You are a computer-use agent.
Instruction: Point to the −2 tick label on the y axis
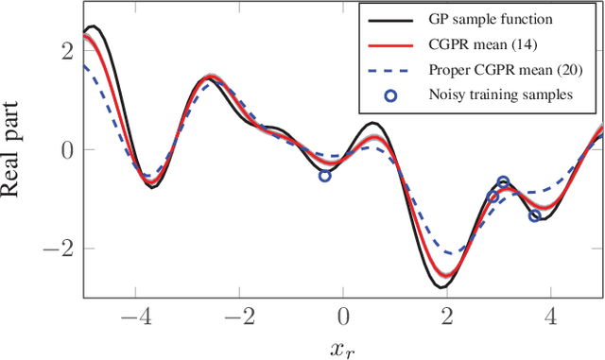[x=60, y=249]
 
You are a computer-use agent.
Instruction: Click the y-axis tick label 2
[x=66, y=51]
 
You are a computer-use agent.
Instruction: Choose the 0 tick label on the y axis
[x=66, y=149]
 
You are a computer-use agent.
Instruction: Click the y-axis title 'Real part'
[x=16, y=149]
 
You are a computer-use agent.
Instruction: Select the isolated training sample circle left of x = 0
[x=324, y=176]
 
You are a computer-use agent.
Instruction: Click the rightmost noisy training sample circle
[x=535, y=215]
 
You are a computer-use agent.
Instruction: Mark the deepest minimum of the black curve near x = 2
[x=441, y=286]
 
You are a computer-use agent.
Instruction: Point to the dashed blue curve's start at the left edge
[x=84, y=65]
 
